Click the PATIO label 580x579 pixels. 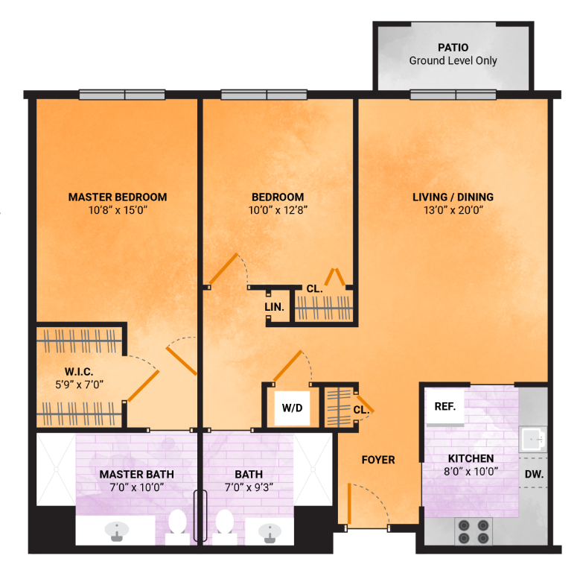tap(453, 48)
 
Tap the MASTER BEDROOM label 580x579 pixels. tap(118, 197)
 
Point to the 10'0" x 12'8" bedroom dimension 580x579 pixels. tap(278, 210)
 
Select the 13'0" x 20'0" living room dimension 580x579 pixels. tap(453, 210)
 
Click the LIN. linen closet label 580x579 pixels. tap(274, 307)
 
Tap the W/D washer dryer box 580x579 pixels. tap(292, 408)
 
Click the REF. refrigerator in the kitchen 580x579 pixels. tap(445, 407)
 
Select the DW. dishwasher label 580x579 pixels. tap(534, 474)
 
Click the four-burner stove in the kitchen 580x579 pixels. tap(474, 531)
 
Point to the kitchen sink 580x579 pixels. tap(533, 440)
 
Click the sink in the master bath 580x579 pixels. tap(117, 531)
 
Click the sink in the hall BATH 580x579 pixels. tap(270, 533)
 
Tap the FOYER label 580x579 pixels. tap(378, 460)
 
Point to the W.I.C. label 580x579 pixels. tap(79, 371)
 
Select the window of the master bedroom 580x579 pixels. tap(122, 95)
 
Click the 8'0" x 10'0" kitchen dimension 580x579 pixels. tap(471, 472)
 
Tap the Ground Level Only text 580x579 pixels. tap(453, 60)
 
